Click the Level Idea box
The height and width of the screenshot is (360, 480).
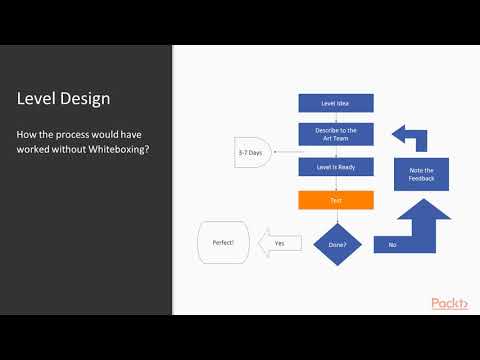[x=336, y=102]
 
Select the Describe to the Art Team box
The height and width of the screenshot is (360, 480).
[x=336, y=134]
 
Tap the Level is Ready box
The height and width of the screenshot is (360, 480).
[x=336, y=167]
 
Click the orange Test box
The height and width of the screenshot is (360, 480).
[x=336, y=200]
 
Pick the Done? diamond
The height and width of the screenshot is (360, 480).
[x=336, y=242]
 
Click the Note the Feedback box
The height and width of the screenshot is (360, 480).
[x=421, y=174]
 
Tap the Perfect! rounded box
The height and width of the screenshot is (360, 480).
[x=223, y=242]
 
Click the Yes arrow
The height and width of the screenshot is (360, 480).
[x=279, y=242]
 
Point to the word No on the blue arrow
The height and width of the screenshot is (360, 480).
[x=391, y=243]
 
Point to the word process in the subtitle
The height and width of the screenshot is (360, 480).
[x=83, y=133]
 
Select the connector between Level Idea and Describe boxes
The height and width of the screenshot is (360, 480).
[x=336, y=117]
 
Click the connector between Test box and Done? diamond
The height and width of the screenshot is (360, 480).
[x=336, y=214]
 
